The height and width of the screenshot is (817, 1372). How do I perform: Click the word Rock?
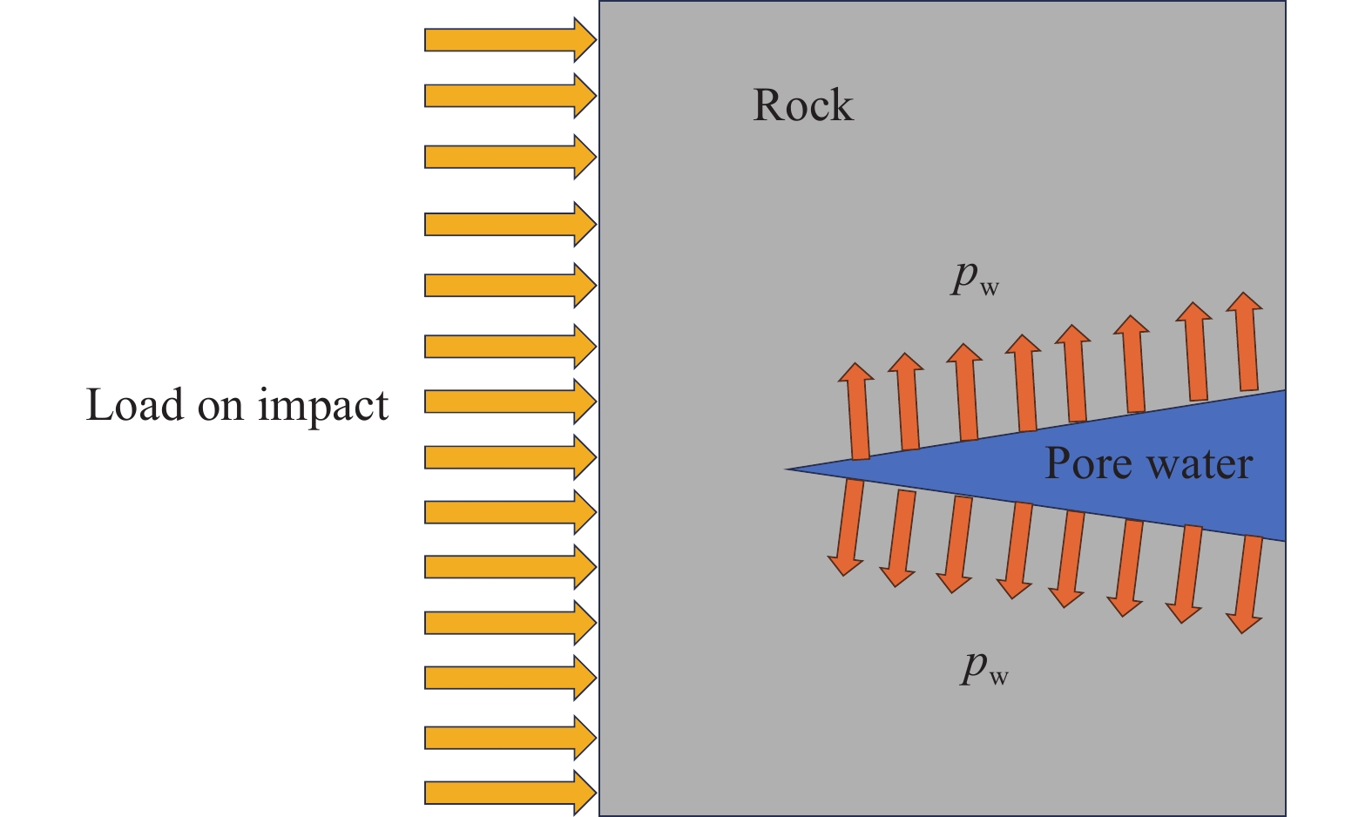point(802,105)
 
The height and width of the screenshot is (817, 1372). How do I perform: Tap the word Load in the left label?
point(134,405)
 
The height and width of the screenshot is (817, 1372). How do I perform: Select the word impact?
point(322,406)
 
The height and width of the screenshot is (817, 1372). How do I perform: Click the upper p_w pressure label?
point(974,278)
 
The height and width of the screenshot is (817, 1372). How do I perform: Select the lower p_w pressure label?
point(984,667)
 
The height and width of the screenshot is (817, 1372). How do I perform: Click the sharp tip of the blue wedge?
point(789,469)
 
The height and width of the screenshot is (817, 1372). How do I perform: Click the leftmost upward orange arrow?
point(857,411)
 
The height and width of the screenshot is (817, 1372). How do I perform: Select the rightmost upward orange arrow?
point(1246,341)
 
